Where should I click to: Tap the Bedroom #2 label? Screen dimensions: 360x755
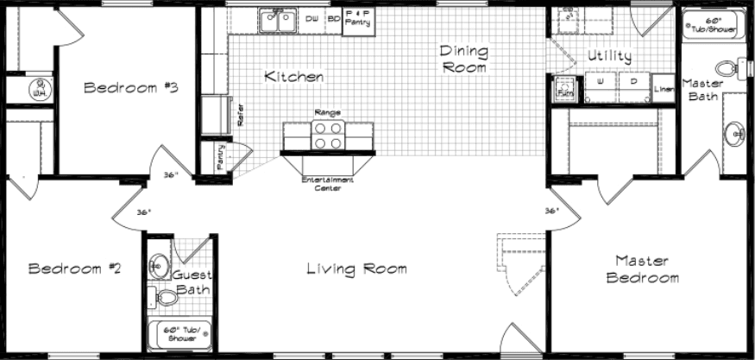pyautogui.click(x=74, y=268)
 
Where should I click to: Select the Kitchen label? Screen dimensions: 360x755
pyautogui.click(x=294, y=77)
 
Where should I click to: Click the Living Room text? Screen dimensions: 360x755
pyautogui.click(x=356, y=268)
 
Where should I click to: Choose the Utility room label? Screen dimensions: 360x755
pyautogui.click(x=609, y=56)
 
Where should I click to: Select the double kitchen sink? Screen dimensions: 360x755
pyautogui.click(x=278, y=20)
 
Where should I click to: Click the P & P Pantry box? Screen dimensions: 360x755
pyautogui.click(x=357, y=20)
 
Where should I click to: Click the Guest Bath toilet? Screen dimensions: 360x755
pyautogui.click(x=164, y=297)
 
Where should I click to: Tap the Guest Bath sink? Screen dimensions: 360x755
pyautogui.click(x=159, y=265)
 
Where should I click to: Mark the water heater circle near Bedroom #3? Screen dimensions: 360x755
pyautogui.click(x=37, y=87)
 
